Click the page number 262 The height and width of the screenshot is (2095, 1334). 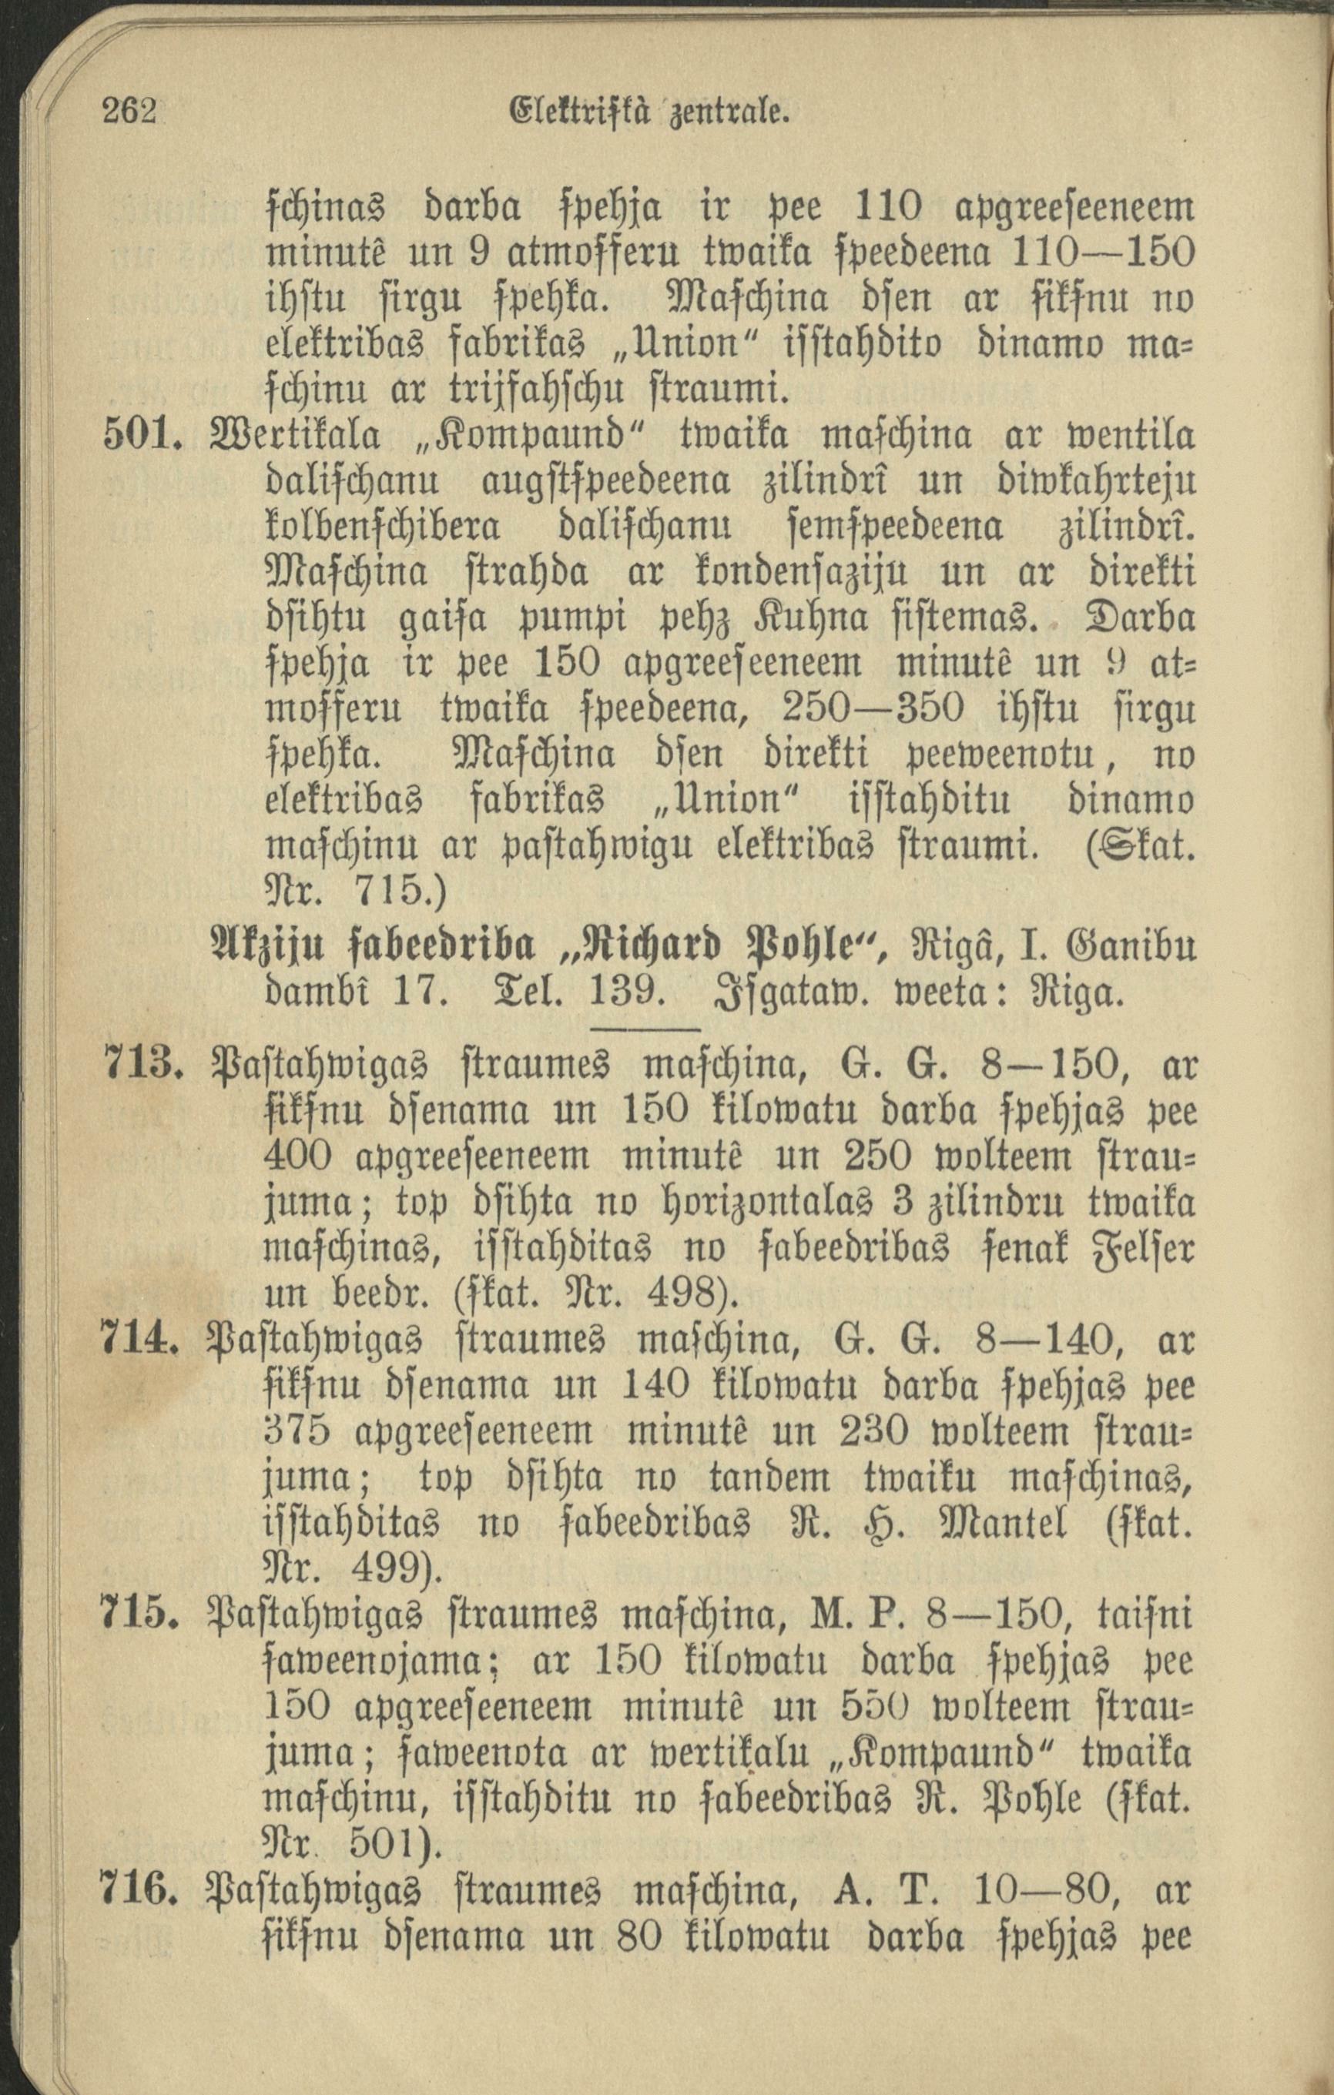(129, 113)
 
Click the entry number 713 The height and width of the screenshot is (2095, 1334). (140, 1063)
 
